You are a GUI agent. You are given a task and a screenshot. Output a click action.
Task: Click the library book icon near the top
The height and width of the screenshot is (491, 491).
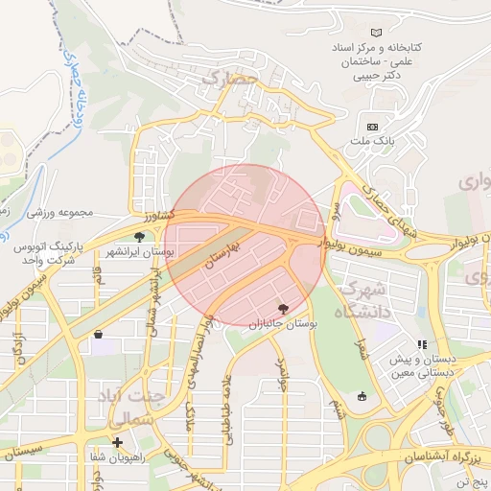click(x=375, y=33)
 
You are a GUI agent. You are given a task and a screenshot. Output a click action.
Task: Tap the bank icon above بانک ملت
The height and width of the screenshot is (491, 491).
click(x=372, y=127)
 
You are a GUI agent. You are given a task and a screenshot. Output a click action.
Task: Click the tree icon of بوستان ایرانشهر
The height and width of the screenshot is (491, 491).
click(x=140, y=236)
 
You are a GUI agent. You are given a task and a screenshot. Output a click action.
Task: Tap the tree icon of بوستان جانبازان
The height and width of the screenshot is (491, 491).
click(x=283, y=309)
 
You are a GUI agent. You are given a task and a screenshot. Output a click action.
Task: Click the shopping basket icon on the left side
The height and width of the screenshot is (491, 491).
click(x=100, y=335)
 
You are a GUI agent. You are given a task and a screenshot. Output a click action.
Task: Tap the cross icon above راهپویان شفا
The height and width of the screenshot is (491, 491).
click(x=117, y=442)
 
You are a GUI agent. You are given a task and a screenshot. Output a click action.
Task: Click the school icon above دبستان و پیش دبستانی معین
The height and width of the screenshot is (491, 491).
click(x=420, y=344)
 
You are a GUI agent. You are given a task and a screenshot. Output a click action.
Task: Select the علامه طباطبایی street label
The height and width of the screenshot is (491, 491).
click(x=228, y=411)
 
